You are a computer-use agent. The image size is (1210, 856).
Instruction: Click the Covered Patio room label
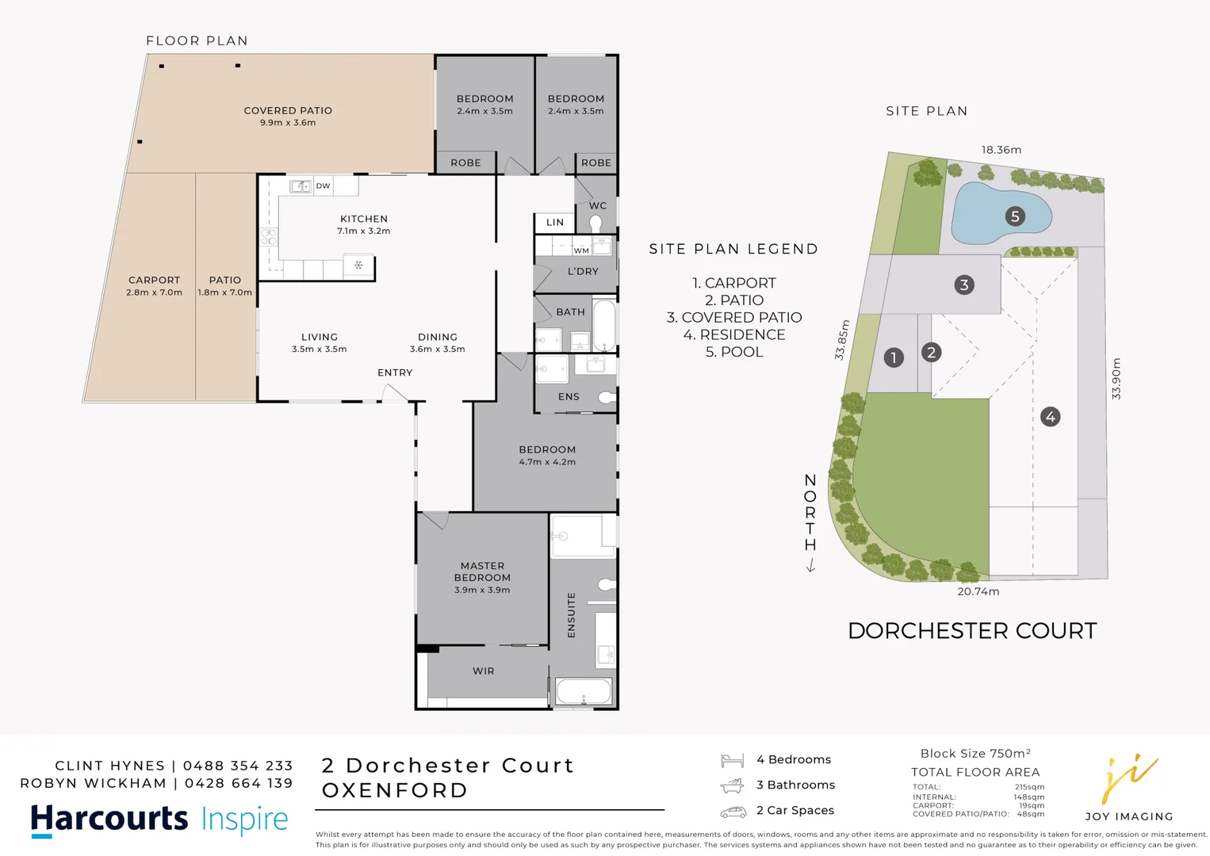tap(288, 116)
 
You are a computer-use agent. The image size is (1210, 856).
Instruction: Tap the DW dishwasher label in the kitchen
tap(323, 186)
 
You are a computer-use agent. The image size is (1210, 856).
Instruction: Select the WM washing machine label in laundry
tap(581, 250)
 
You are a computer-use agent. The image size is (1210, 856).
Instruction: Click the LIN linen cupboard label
tap(555, 223)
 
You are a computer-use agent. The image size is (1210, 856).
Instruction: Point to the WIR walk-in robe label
tap(483, 671)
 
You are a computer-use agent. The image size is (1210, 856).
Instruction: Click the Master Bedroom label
tap(482, 577)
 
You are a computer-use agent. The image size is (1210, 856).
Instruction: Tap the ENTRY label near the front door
tap(395, 373)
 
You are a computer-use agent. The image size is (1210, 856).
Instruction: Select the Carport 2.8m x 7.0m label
tap(155, 286)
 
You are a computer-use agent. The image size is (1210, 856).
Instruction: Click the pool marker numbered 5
tap(1015, 216)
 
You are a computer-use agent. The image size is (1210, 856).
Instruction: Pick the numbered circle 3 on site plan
tap(964, 285)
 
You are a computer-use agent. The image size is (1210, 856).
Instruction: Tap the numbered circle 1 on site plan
tap(894, 357)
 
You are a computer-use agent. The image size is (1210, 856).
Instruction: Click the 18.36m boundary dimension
tap(1001, 150)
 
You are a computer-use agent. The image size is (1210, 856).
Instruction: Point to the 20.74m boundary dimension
tap(978, 591)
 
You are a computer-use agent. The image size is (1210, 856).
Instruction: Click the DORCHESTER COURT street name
tap(972, 631)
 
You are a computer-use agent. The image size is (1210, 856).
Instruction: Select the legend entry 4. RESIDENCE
tap(734, 334)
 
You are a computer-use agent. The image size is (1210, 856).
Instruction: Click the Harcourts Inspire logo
tap(159, 820)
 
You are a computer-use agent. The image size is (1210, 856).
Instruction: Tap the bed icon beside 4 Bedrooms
tap(732, 761)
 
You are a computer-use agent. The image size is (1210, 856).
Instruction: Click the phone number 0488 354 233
tap(238, 766)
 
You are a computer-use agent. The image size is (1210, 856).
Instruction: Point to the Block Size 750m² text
tap(975, 754)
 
